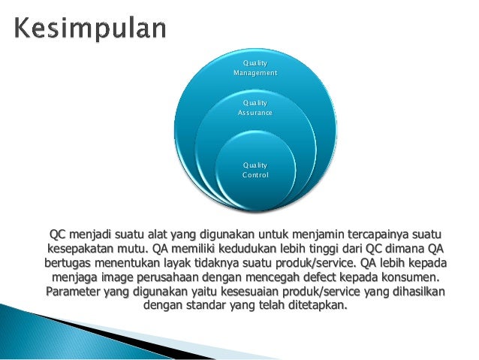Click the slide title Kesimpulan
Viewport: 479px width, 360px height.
click(90, 28)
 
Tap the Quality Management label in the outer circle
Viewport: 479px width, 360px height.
click(255, 68)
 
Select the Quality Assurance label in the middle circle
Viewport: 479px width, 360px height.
click(255, 107)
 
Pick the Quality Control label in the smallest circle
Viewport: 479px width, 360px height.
click(255, 169)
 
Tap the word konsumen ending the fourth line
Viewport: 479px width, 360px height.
click(405, 277)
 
